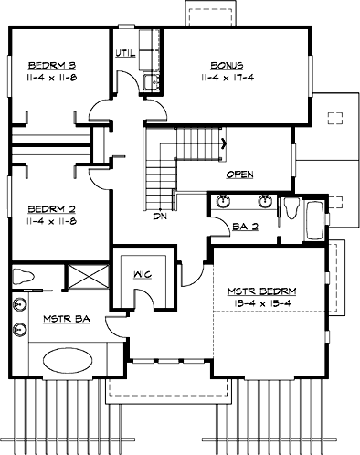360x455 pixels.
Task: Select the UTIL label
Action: coord(125,52)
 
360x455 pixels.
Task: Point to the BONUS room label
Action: coord(227,65)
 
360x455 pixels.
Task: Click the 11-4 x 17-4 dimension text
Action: coord(228,79)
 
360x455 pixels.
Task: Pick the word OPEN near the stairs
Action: coord(239,175)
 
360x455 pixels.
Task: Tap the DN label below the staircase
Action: coord(159,217)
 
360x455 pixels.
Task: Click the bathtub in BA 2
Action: coord(314,222)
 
